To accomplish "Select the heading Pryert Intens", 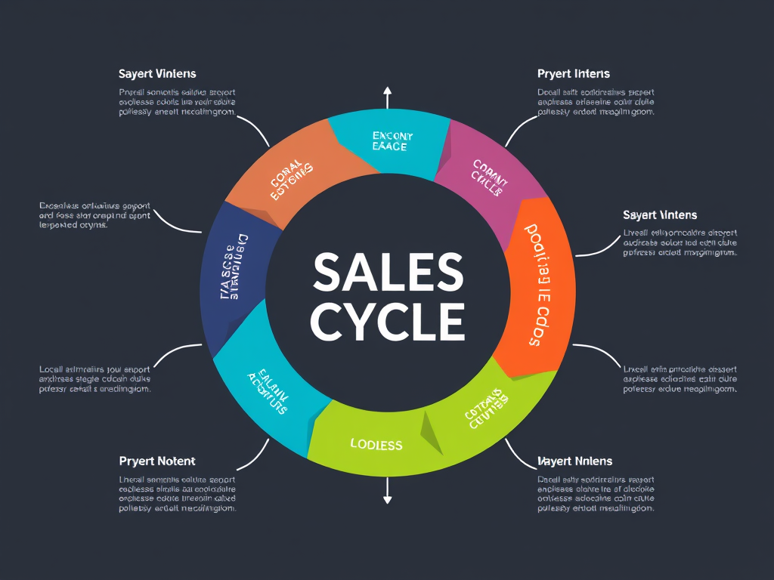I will click(x=573, y=74).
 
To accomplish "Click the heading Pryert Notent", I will click(x=157, y=461).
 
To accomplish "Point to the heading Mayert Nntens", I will click(x=574, y=461).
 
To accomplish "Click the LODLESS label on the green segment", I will click(x=376, y=444).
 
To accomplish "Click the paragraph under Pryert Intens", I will click(x=596, y=102).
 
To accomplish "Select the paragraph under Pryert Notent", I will click(x=178, y=494).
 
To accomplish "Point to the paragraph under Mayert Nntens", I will click(x=596, y=494).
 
